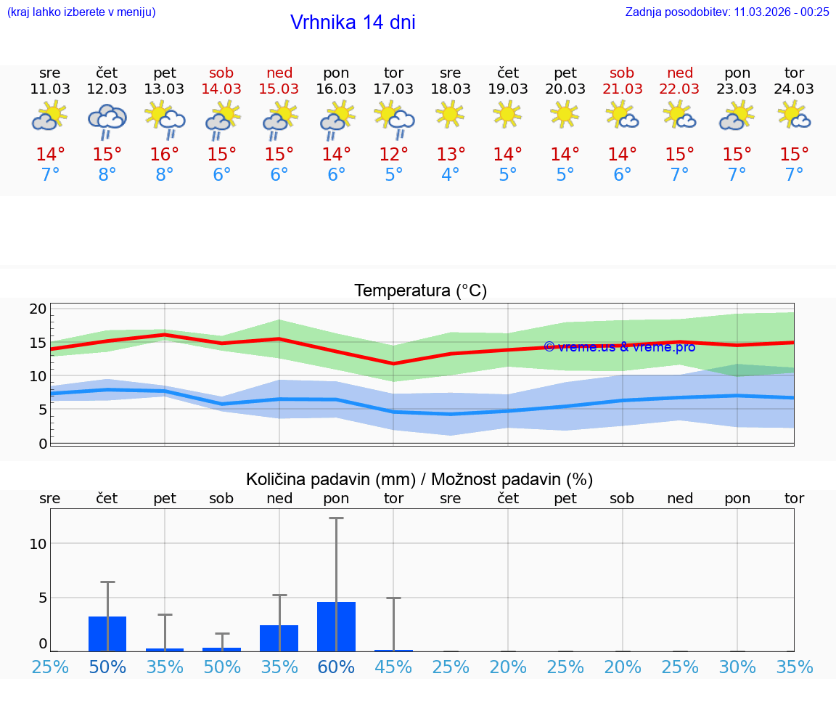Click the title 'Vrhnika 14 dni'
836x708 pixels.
[x=353, y=23]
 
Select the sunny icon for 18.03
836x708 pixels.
[x=450, y=114]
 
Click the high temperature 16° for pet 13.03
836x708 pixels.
[x=165, y=155]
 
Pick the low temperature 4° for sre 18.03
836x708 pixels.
[x=450, y=175]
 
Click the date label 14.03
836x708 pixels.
[x=221, y=89]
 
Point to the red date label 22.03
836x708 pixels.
[x=679, y=89]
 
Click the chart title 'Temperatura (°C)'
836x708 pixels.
[x=420, y=291]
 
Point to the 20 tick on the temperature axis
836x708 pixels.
[x=38, y=309]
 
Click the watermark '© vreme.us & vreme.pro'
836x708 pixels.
[x=619, y=346]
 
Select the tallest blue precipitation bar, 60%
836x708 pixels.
[x=337, y=627]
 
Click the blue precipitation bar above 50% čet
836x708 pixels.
[x=107, y=634]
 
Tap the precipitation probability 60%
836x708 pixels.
[x=337, y=667]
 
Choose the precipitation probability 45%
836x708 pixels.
[x=393, y=667]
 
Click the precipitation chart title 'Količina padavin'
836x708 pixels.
[x=419, y=479]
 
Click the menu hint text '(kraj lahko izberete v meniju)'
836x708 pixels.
[x=81, y=12]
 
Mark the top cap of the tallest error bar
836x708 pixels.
[x=336, y=518]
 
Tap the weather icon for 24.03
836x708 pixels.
[x=794, y=115]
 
